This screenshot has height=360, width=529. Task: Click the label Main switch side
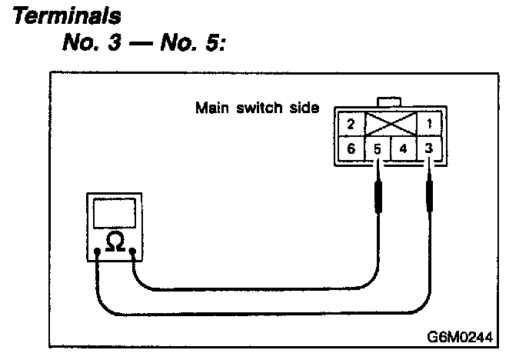[257, 107]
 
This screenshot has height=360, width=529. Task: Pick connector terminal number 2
[350, 123]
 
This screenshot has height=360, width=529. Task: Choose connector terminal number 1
[428, 123]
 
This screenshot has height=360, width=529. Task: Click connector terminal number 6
[350, 148]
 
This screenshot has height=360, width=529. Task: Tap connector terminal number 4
[404, 148]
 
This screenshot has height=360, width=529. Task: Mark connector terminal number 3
[428, 148]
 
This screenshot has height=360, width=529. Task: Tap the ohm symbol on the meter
[115, 243]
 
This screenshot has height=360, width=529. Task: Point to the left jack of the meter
[97, 252]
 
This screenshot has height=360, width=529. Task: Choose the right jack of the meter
[134, 252]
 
